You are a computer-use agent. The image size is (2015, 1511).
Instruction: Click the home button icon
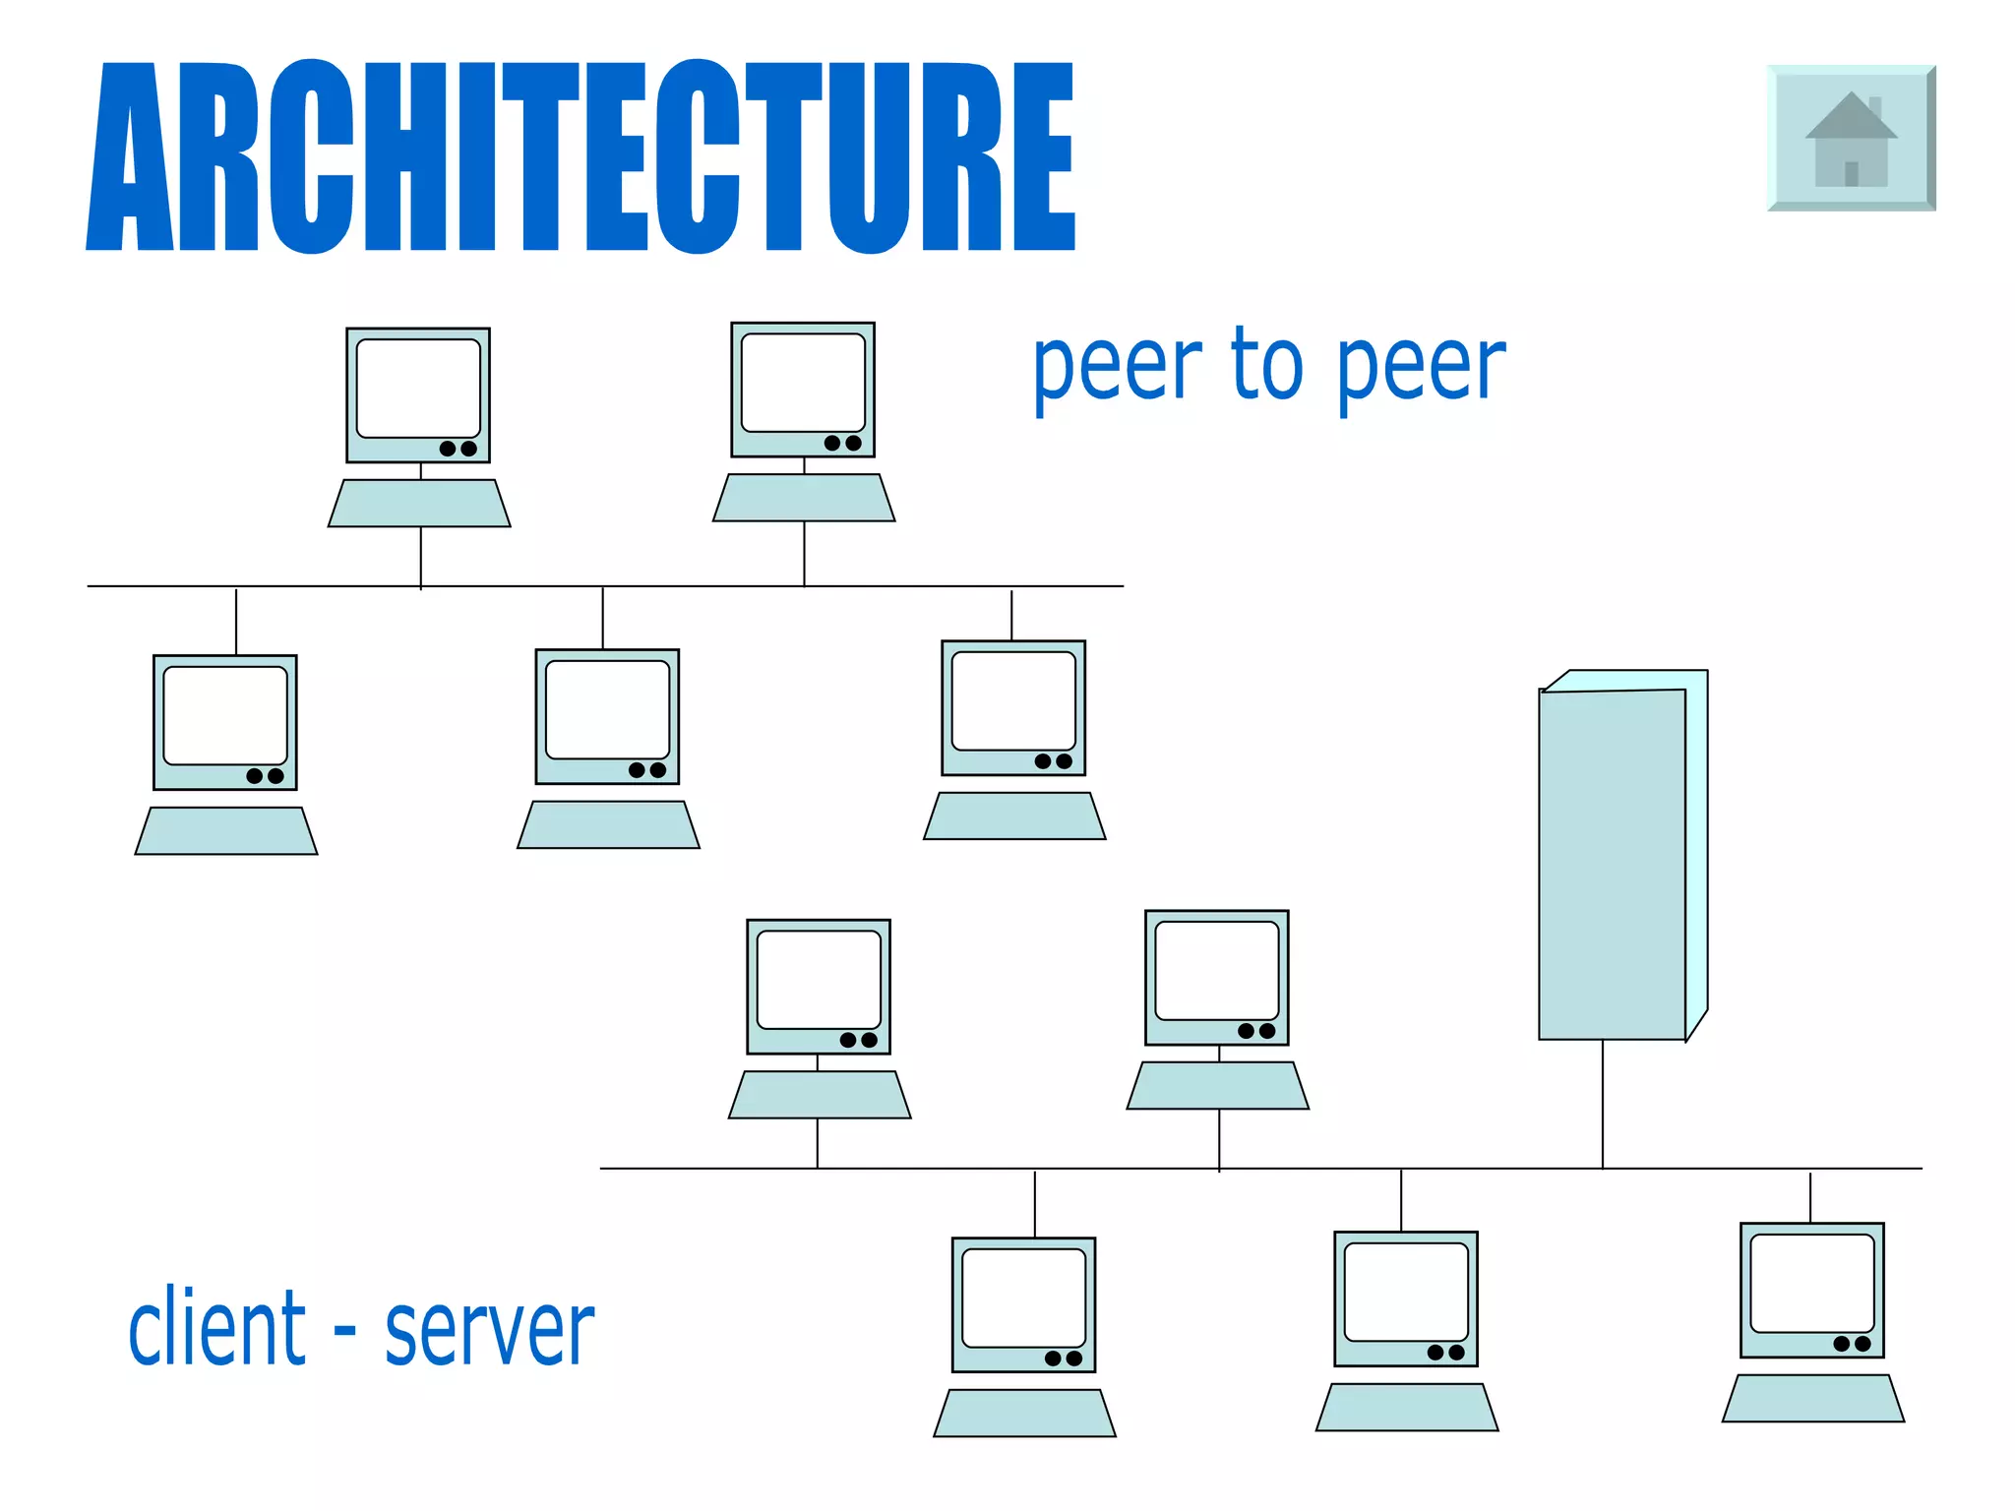point(1851,139)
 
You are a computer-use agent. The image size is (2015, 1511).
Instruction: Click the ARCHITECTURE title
point(580,157)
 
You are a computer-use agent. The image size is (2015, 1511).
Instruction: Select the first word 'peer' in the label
point(1117,366)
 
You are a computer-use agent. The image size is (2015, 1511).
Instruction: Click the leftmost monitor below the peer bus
point(225,722)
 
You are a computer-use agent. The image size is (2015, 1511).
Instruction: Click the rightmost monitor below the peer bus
point(1013,708)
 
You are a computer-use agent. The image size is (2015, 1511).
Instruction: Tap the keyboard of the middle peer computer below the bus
point(608,824)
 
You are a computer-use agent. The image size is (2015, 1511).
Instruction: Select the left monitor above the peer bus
point(418,394)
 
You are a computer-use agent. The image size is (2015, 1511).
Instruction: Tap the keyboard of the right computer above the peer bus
point(804,498)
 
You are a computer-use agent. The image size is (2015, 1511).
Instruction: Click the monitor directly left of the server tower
point(1217,977)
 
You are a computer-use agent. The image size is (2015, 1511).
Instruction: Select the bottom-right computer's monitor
point(1812,1290)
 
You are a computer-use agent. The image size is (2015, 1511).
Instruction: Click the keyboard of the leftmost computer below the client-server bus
point(1024,1413)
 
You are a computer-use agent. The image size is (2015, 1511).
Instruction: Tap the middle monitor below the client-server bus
point(1406,1299)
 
